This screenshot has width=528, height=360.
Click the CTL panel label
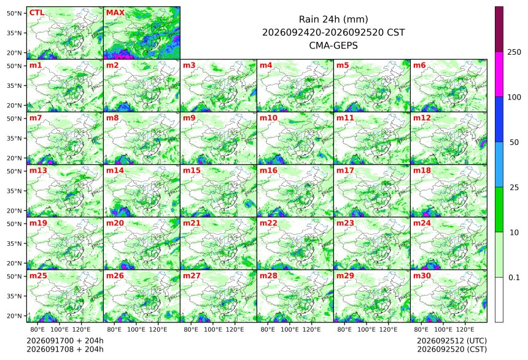point(37,13)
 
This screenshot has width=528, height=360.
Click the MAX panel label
point(115,13)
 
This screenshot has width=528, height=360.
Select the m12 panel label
point(422,118)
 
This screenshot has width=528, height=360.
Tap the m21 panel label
point(192,223)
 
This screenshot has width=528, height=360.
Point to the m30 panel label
point(422,276)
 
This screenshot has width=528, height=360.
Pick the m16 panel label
point(268,171)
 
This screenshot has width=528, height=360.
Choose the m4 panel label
point(266,65)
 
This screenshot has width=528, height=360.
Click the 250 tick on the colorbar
point(514,52)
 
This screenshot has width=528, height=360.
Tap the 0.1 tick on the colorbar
point(514,278)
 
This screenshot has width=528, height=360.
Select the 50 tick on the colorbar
point(514,143)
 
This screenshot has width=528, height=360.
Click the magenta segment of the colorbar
point(499,74)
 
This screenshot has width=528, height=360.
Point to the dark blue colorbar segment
point(499,119)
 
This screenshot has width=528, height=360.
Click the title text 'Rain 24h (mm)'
point(333,19)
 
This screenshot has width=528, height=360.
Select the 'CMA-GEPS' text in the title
point(333,45)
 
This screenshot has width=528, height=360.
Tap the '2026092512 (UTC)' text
point(452,341)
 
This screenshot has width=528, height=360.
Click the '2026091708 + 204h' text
point(65,349)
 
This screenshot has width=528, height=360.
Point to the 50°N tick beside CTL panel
point(14,13)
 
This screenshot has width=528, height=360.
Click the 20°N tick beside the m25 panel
point(14,316)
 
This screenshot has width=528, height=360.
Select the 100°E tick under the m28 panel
point(290,329)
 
